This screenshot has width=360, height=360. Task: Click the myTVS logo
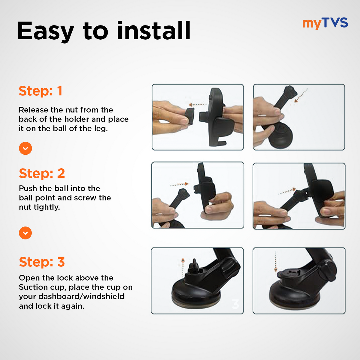click(325, 23)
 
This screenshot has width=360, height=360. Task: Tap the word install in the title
click(154, 31)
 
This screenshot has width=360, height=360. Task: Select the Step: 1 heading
click(40, 91)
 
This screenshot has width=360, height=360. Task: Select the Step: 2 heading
click(42, 173)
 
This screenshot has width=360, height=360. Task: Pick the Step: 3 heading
click(42, 262)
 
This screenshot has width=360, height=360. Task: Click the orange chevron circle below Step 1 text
click(25, 148)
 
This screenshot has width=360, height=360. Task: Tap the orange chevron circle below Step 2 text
click(25, 233)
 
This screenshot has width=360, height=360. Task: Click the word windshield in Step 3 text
click(104, 296)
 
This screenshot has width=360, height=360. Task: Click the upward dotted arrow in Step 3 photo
click(183, 268)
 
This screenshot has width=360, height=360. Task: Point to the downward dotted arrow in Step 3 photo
click(276, 262)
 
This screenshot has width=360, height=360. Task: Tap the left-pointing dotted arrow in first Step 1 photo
click(198, 105)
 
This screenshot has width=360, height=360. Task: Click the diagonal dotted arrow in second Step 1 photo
click(301, 96)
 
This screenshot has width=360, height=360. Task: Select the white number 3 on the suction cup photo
click(235, 304)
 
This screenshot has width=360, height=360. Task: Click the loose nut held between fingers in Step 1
click(190, 116)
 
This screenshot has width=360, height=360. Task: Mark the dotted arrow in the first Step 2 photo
click(179, 184)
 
